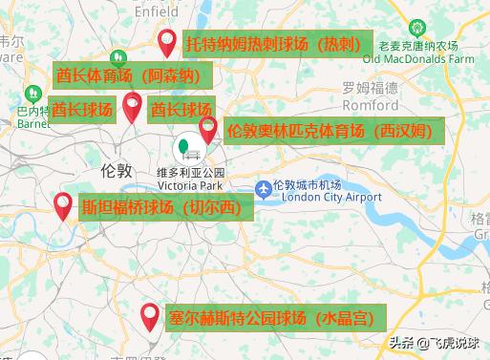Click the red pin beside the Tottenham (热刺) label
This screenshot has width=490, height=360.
point(167,41)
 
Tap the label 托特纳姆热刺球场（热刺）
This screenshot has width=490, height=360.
point(273,45)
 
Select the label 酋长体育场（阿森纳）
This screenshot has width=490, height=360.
point(128,75)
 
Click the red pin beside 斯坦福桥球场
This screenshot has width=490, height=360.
point(63,203)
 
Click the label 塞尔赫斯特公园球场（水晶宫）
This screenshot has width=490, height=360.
point(269,317)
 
